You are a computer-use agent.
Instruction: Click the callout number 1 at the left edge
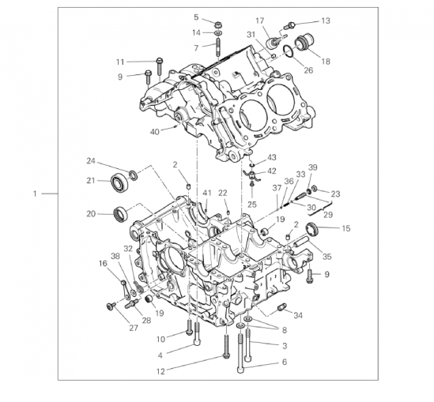point(35,193)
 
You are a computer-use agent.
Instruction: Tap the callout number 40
point(155,132)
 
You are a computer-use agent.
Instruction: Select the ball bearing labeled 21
point(119,182)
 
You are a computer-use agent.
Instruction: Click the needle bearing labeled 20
point(121,214)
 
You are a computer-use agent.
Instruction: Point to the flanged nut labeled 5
point(217,24)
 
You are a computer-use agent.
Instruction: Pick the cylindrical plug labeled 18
point(304,42)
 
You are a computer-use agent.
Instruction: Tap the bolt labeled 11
point(160,66)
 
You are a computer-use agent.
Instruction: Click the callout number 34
point(298,315)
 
